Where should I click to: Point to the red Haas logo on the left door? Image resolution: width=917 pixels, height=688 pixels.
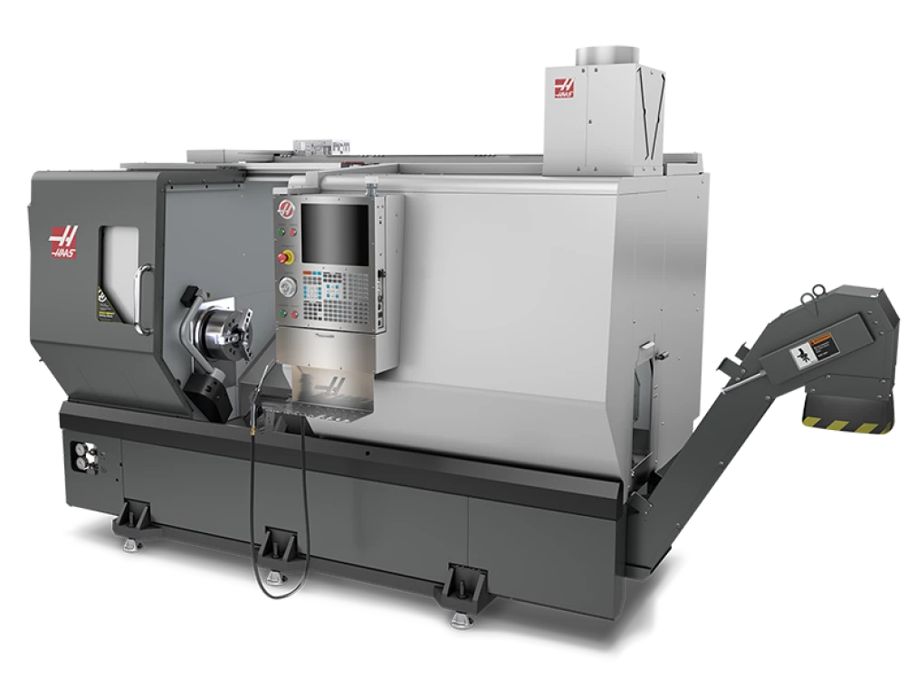(62, 241)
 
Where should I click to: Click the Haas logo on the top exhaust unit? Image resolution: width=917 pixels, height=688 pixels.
(565, 88)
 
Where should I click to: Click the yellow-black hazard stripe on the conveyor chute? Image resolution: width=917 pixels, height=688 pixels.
(847, 426)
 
